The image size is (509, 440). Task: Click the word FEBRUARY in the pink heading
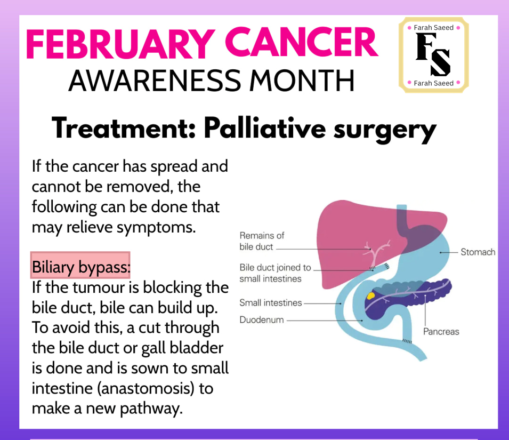click(x=120, y=43)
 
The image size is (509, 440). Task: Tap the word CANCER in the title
click(x=301, y=43)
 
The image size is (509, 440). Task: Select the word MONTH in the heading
click(x=302, y=81)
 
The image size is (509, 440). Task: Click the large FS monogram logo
click(x=433, y=54)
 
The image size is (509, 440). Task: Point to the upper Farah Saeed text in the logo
click(x=434, y=28)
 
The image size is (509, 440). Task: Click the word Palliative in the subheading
click(x=264, y=129)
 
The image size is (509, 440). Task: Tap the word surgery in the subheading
click(x=385, y=131)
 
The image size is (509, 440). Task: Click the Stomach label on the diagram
click(x=478, y=252)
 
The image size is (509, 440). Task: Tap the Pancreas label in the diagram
click(x=441, y=332)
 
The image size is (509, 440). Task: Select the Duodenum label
click(x=262, y=320)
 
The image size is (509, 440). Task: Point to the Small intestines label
click(x=271, y=302)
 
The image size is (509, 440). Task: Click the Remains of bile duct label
click(x=262, y=241)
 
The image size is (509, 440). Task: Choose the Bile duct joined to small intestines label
click(x=275, y=273)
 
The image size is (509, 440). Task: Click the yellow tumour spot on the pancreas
click(x=370, y=296)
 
